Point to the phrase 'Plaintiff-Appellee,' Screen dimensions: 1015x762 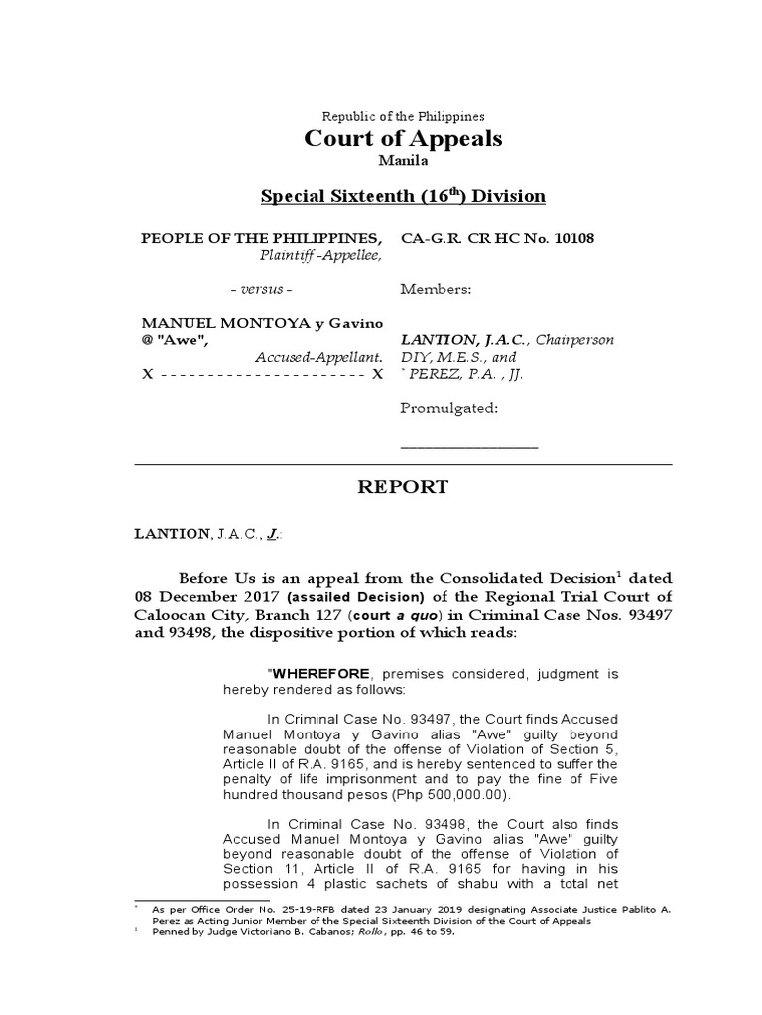320,256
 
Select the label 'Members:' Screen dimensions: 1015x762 437,290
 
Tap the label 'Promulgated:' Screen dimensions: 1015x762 448,408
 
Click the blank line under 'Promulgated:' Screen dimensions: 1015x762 468,446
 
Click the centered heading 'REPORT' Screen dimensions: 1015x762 402,487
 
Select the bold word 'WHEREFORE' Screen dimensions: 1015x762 316,674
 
